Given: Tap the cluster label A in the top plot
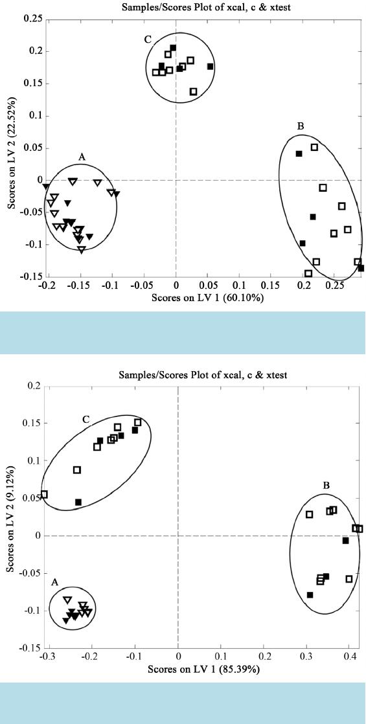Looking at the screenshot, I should point(82,157).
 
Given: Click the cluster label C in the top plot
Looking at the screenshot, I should point(148,40).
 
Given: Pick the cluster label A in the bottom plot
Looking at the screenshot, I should point(55,582).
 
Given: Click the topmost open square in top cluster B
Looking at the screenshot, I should point(314,147).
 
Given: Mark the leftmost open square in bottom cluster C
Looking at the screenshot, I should point(44,495).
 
